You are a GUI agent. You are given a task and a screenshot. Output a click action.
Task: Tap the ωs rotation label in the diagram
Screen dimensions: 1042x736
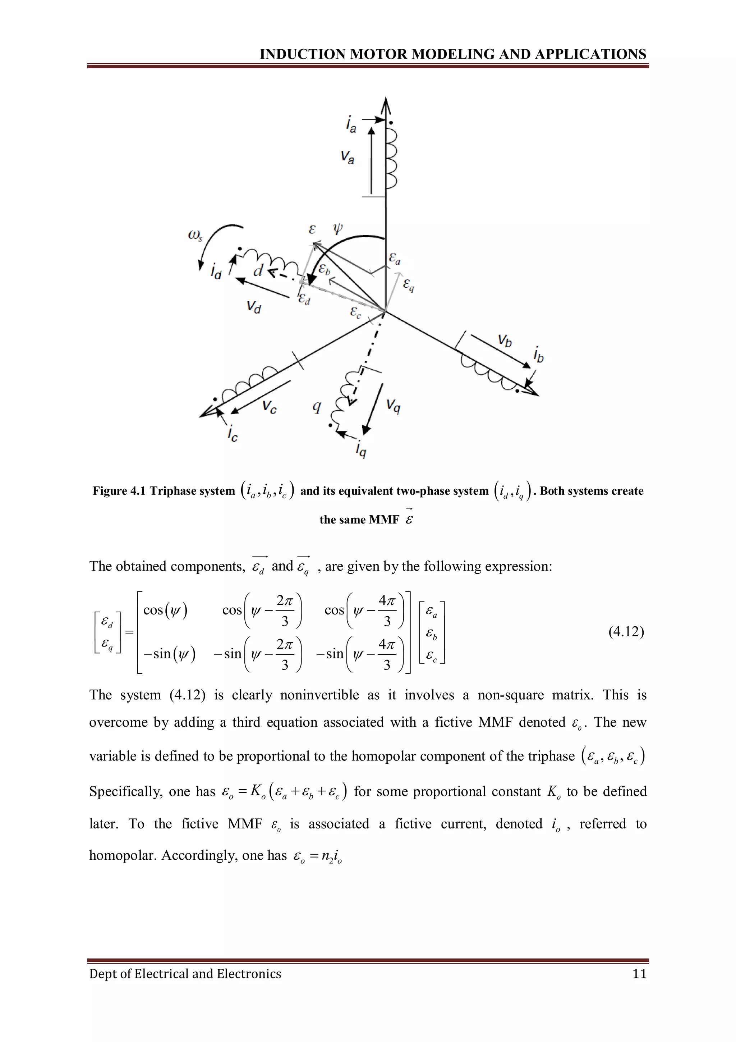[x=195, y=236]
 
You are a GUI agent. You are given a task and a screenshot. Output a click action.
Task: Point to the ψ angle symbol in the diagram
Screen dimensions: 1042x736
[x=338, y=228]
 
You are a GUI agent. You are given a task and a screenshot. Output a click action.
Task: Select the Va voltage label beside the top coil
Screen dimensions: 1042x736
[x=348, y=157]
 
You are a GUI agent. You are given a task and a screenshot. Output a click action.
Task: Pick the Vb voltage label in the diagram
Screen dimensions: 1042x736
[x=505, y=340]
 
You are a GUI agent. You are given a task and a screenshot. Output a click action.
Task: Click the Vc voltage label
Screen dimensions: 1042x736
[x=270, y=407]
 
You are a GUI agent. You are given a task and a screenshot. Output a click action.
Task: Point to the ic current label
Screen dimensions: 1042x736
[x=233, y=434]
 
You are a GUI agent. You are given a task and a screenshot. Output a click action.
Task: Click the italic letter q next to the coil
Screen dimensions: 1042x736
[x=317, y=407]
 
